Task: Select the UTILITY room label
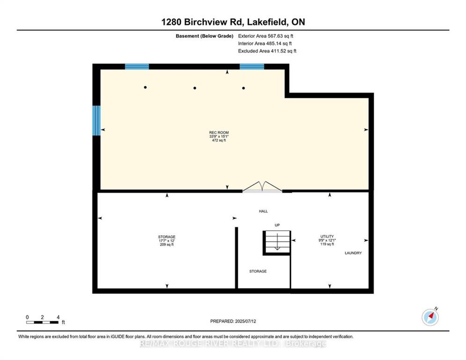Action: pyautogui.click(x=327, y=237)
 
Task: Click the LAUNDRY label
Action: pyautogui.click(x=353, y=253)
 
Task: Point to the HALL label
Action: pyautogui.click(x=263, y=211)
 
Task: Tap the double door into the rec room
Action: pyautogui.click(x=262, y=187)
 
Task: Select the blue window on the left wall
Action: pyautogui.click(x=96, y=120)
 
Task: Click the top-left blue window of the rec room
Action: pyautogui.click(x=137, y=67)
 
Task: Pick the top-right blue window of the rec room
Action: pyautogui.click(x=252, y=67)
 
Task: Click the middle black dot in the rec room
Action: pyautogui.click(x=195, y=88)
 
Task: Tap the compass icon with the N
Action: pyautogui.click(x=430, y=317)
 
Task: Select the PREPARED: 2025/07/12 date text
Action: pyautogui.click(x=233, y=321)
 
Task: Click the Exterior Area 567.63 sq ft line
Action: pyautogui.click(x=266, y=36)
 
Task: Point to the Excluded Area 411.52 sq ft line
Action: pyautogui.click(x=267, y=51)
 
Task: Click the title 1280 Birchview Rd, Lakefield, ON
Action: pyautogui.click(x=233, y=22)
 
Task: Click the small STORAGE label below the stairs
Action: pyautogui.click(x=258, y=271)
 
